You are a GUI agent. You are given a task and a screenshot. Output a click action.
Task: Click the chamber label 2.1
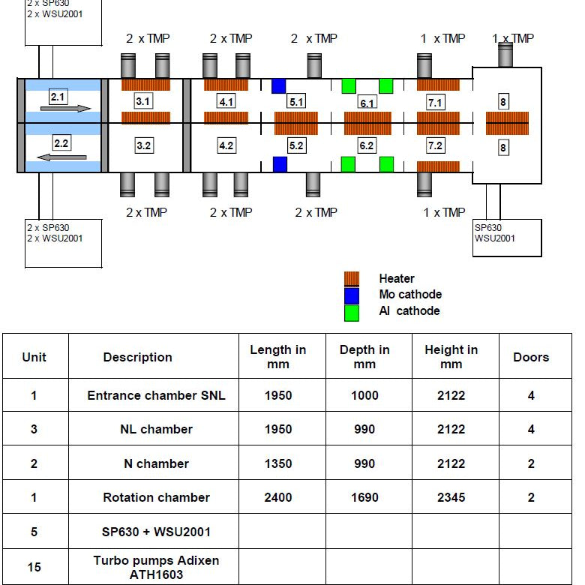(58, 97)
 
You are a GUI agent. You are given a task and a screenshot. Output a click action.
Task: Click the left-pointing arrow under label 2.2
(62, 157)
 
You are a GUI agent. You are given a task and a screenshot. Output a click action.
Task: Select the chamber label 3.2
(144, 145)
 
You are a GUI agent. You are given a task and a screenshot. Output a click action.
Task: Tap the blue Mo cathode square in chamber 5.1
(279, 85)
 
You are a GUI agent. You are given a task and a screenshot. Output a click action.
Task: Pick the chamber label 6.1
(367, 103)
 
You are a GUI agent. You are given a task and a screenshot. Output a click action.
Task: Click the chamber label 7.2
(436, 145)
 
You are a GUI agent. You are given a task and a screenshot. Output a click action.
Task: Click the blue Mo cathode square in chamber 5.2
(280, 164)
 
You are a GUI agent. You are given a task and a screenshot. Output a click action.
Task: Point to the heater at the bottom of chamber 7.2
(438, 166)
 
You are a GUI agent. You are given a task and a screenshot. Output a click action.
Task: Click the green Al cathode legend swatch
(352, 313)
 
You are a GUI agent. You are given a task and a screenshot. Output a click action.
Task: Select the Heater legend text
(397, 278)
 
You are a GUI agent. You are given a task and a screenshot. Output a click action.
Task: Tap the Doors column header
(531, 357)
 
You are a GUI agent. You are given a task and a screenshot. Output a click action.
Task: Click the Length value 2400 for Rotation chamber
(278, 497)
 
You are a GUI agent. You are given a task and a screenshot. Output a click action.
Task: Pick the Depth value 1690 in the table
(364, 497)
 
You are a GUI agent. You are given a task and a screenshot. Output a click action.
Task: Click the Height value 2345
(451, 497)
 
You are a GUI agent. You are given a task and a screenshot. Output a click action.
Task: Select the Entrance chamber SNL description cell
(156, 395)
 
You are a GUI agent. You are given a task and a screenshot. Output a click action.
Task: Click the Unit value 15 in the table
(34, 567)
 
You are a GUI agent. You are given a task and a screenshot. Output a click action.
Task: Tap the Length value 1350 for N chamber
(278, 463)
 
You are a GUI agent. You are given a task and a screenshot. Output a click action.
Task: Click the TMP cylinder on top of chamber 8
(505, 55)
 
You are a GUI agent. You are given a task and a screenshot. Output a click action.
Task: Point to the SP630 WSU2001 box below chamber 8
(507, 238)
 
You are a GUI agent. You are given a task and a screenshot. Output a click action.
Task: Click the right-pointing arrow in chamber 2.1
(66, 109)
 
